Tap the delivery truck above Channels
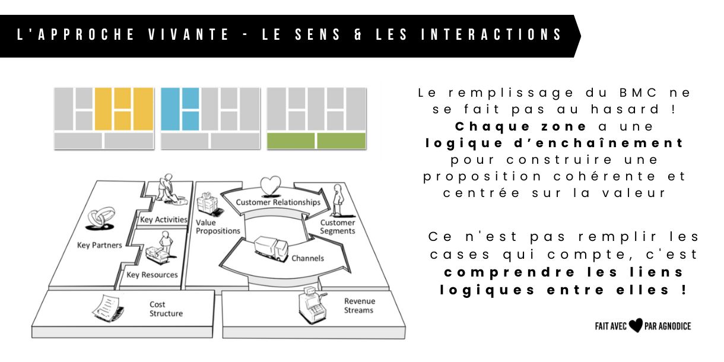tap(271, 249)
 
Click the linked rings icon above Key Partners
tap(99, 220)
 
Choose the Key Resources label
tap(152, 275)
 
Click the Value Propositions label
tap(218, 227)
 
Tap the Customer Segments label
tap(338, 227)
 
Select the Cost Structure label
tap(166, 309)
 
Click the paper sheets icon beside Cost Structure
tap(107, 307)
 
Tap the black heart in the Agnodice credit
tap(636, 326)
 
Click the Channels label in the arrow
tap(307, 258)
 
